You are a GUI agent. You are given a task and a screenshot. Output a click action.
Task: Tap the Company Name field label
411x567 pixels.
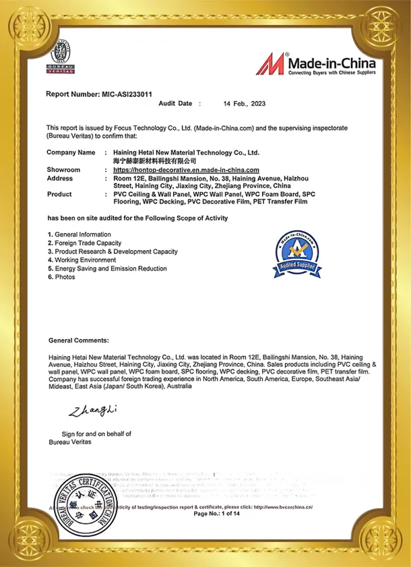[71, 152]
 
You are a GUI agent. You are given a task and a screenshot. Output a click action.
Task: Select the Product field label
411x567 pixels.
[59, 194]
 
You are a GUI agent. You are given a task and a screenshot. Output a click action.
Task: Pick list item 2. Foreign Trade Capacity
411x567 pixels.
[84, 243]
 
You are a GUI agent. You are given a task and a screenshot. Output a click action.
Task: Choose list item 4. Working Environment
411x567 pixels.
[82, 260]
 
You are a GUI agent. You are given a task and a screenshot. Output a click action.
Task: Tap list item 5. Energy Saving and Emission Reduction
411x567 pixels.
[107, 268]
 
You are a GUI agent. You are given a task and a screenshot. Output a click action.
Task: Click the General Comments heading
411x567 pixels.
[79, 341]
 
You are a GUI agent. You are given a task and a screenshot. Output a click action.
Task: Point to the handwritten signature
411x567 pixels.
[92, 410]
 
